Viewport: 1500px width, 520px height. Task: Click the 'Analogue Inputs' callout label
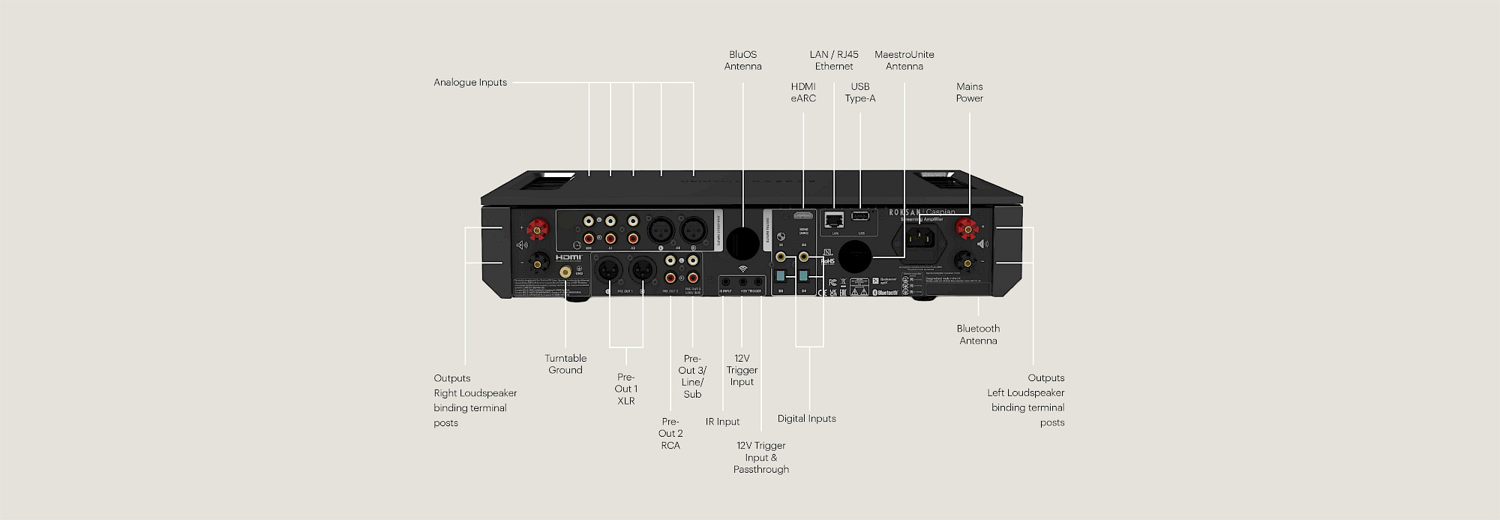point(470,83)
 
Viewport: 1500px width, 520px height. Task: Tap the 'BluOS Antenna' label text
point(742,60)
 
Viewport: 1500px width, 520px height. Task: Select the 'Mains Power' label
point(969,92)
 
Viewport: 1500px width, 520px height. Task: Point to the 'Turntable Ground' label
point(565,364)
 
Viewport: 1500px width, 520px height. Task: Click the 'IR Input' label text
point(722,422)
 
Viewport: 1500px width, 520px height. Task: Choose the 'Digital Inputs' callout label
point(806,419)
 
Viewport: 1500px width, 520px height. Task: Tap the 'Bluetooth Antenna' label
point(978,335)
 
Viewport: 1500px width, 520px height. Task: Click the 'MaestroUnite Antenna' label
point(904,60)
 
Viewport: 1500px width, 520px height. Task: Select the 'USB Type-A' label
point(860,92)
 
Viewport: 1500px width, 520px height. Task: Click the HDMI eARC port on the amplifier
point(804,216)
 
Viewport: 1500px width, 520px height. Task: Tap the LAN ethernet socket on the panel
point(834,219)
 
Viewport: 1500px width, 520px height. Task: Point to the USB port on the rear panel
point(860,217)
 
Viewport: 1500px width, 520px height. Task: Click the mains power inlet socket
point(920,238)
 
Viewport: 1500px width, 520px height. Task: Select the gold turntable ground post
point(565,269)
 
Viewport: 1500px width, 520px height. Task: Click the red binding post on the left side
point(537,227)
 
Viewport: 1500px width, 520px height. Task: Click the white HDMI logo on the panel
point(568,257)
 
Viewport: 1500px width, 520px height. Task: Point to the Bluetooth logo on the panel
point(886,292)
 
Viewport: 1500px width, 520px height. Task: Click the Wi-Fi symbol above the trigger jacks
point(742,268)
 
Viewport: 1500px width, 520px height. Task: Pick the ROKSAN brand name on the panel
point(904,212)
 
